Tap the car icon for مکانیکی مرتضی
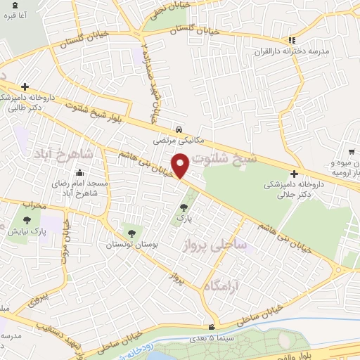coord(181,130)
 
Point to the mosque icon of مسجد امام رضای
coord(79,172)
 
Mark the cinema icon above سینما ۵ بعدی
coord(212,327)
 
